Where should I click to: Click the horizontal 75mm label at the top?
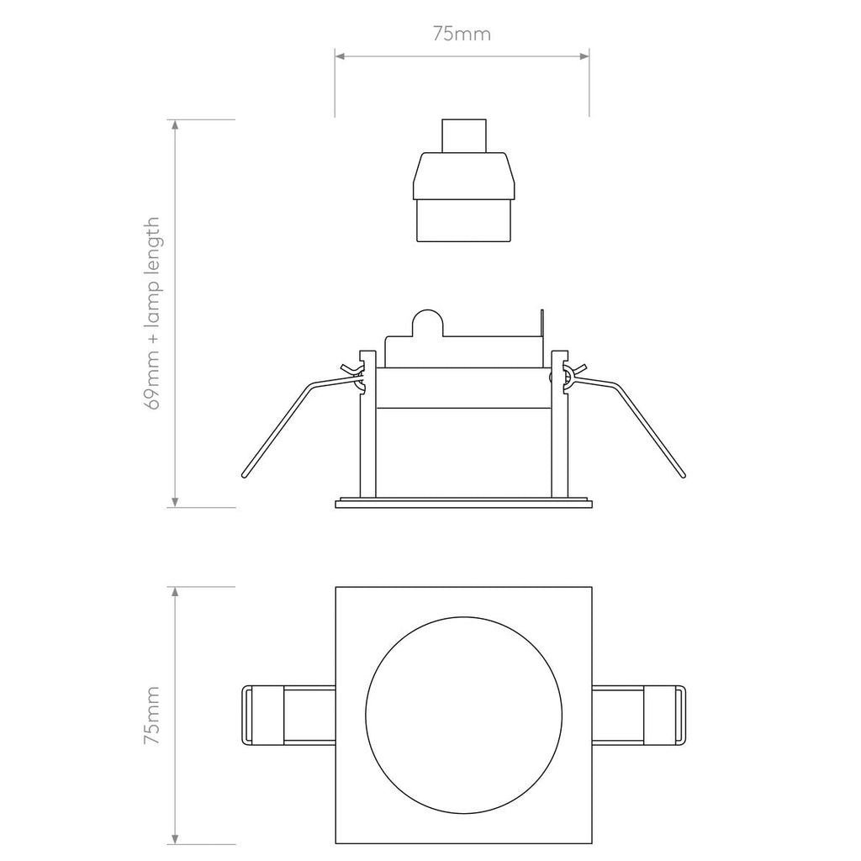pyautogui.click(x=462, y=34)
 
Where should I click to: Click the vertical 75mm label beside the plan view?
pyautogui.click(x=151, y=716)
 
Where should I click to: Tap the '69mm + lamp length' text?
pyautogui.click(x=152, y=313)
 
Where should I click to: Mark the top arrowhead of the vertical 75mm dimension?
pyautogui.click(x=175, y=591)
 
